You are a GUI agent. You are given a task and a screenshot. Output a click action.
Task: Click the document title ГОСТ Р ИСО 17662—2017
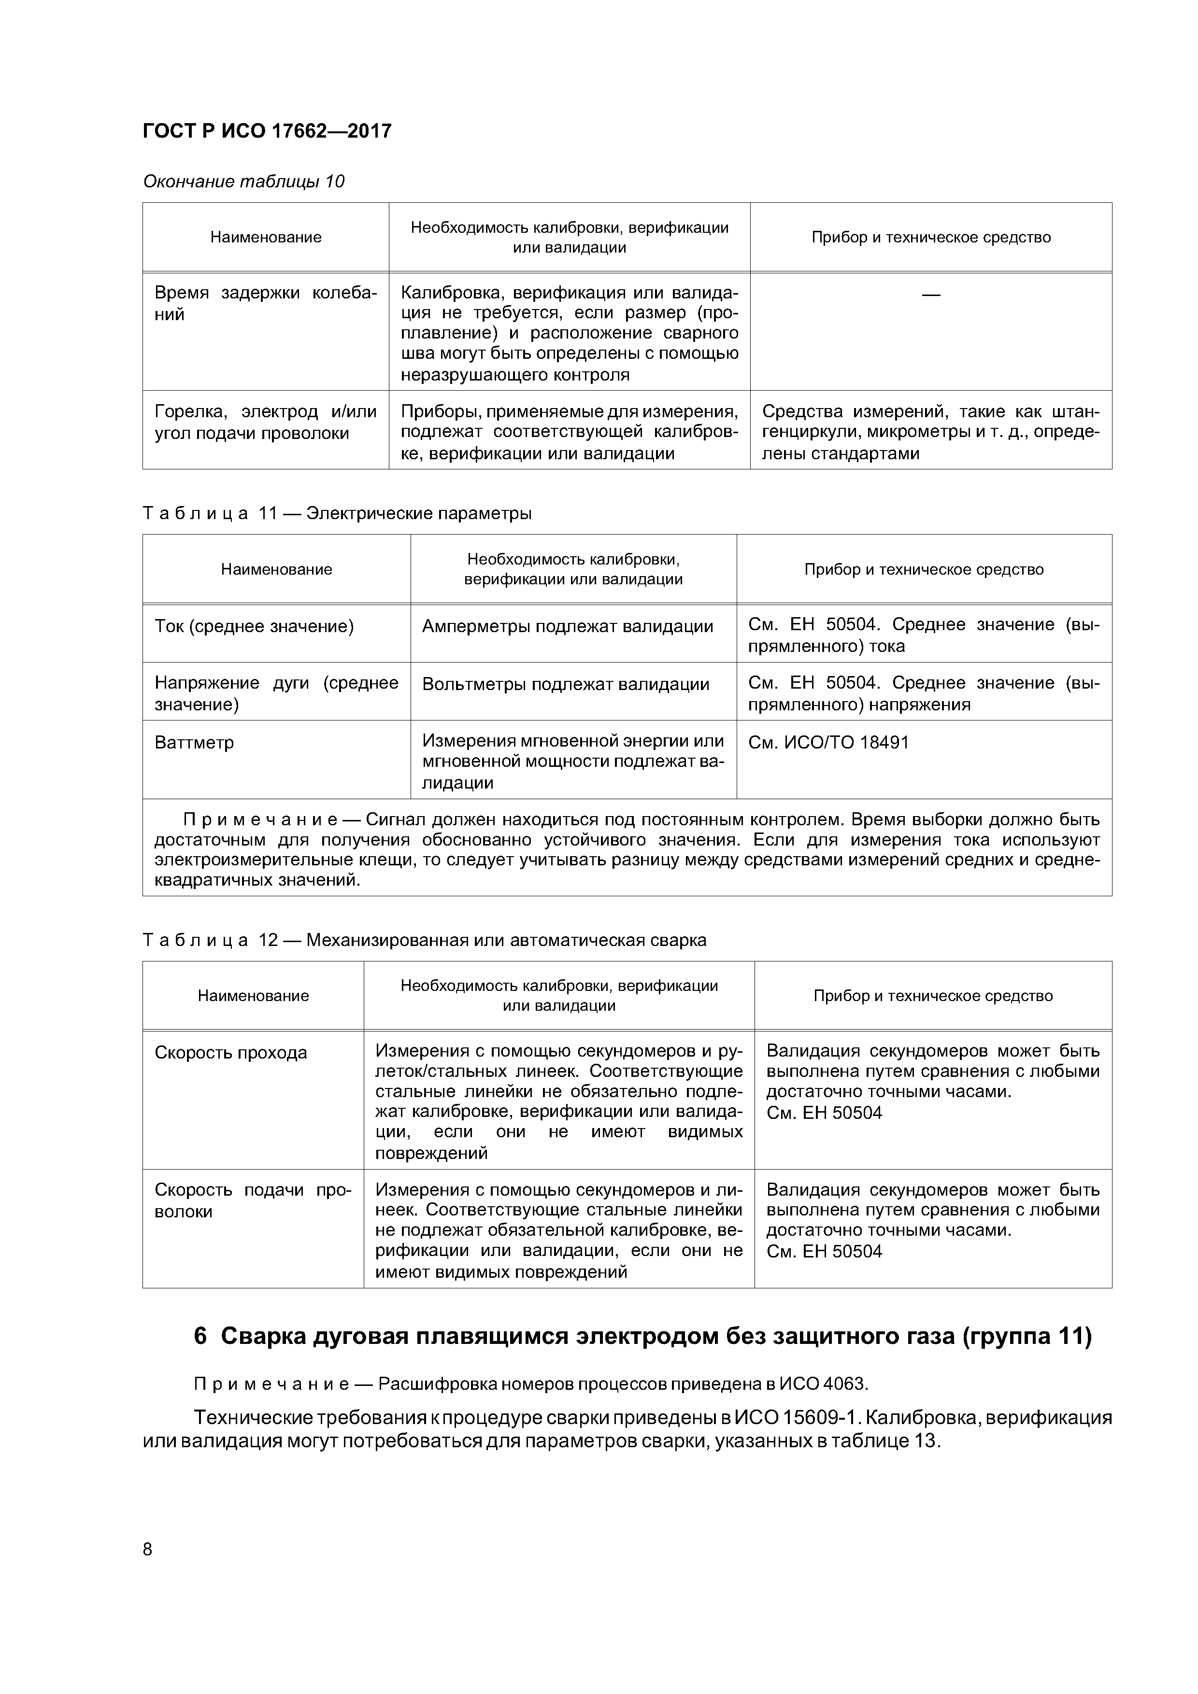tap(267, 131)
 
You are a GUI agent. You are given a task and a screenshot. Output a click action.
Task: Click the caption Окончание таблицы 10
tap(243, 182)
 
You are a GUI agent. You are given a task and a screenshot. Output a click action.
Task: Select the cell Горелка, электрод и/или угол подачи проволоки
tap(265, 422)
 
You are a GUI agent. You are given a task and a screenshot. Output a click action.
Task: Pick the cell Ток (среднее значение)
tap(254, 626)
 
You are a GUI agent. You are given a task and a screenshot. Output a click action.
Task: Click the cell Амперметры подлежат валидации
tap(567, 626)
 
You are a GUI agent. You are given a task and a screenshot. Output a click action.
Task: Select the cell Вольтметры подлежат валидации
tap(565, 684)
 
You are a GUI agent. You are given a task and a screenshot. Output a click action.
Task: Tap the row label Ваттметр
tap(194, 742)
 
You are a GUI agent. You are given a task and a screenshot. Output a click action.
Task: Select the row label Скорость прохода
tap(230, 1052)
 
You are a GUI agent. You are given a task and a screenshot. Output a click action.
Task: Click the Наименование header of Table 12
tap(253, 995)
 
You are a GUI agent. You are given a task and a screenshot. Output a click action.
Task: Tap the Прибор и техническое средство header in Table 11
tap(924, 569)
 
